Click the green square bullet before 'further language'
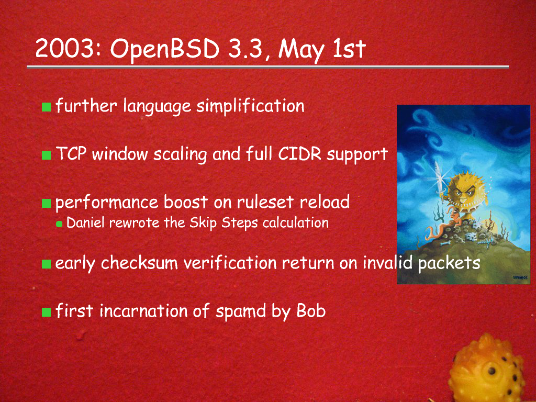[x=46, y=107]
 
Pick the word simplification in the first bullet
[x=250, y=106]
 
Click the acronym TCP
[x=71, y=154]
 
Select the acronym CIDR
[x=299, y=154]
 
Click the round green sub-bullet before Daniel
[x=59, y=224]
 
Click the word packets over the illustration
[x=449, y=263]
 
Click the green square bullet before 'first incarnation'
[x=46, y=312]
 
